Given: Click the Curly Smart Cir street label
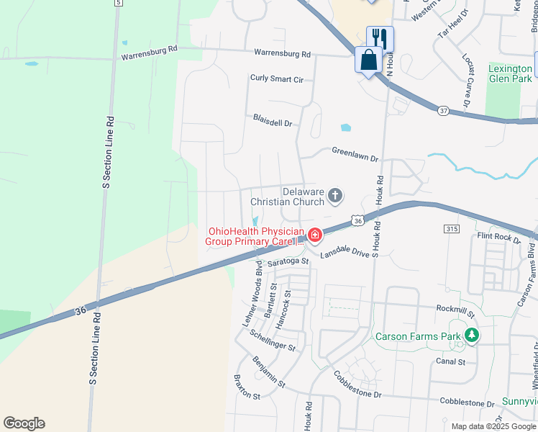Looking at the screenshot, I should click(x=277, y=78).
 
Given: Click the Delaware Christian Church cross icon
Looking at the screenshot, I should click(x=334, y=195).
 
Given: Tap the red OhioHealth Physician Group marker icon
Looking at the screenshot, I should click(x=314, y=235).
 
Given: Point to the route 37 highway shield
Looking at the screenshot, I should click(x=443, y=111).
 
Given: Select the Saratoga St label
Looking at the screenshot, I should click(x=288, y=263).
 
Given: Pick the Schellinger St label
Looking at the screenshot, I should click(x=273, y=341).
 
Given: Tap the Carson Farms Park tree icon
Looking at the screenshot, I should click(x=471, y=335).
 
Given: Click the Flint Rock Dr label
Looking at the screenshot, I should click(x=498, y=236).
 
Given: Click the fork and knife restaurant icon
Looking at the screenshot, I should click(x=380, y=38).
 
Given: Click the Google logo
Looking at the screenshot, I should click(x=24, y=423).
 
